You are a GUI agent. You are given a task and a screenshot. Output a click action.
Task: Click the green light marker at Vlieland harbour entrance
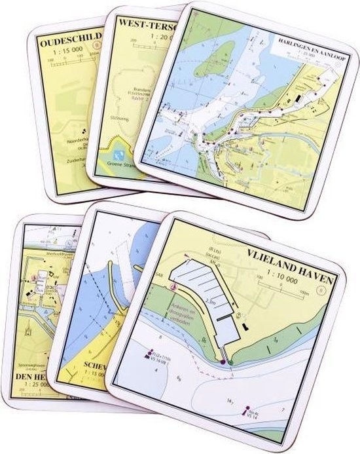point(230,362)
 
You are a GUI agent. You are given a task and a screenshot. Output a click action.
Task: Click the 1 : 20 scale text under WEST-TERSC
point(148,37)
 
